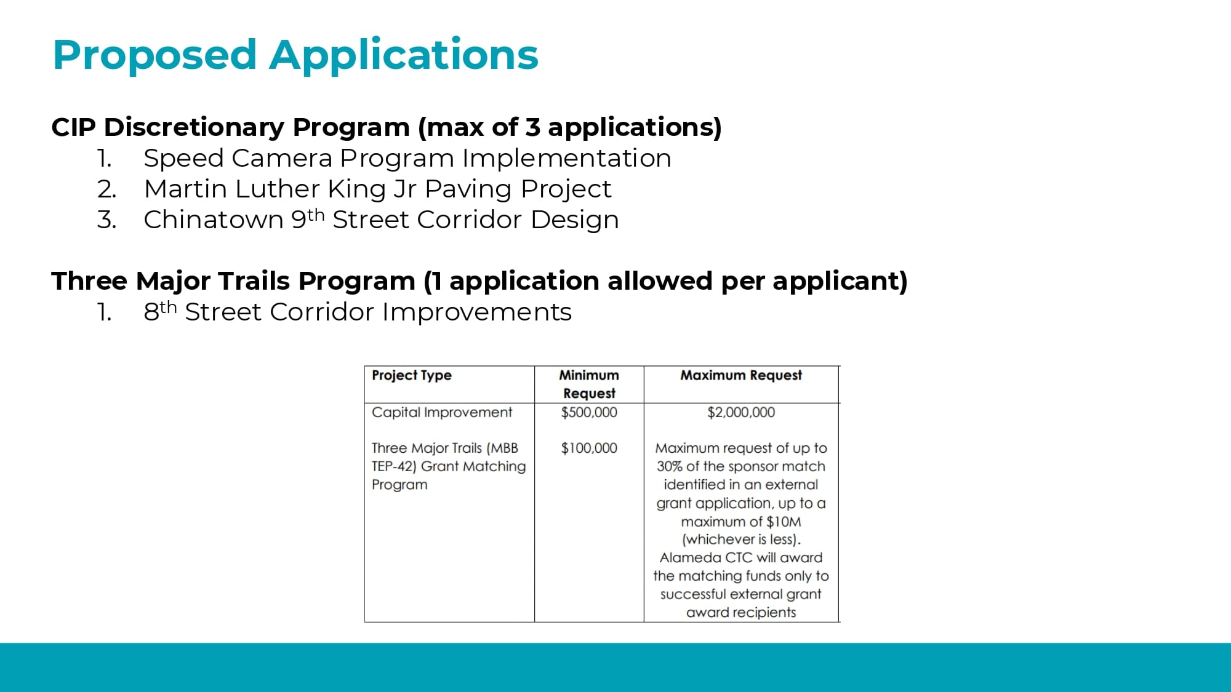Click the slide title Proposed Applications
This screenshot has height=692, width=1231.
click(295, 55)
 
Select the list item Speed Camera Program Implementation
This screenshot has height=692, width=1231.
click(407, 158)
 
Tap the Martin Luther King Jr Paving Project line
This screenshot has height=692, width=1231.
click(377, 189)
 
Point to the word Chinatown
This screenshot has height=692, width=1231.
click(213, 220)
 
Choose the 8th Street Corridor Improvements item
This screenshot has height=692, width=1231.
click(357, 312)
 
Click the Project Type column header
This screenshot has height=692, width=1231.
click(412, 375)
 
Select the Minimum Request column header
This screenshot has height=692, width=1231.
click(589, 384)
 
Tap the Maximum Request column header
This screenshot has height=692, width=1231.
click(741, 375)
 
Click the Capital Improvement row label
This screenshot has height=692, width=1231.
click(442, 412)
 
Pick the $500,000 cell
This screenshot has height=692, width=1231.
click(589, 412)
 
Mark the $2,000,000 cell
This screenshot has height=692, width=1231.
click(741, 412)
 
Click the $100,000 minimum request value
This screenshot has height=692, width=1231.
click(589, 448)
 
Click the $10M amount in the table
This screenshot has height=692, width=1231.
click(784, 522)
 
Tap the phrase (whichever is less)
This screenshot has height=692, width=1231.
click(741, 539)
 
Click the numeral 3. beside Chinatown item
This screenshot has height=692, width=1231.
click(106, 220)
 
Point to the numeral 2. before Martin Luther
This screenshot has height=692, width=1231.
click(106, 189)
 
